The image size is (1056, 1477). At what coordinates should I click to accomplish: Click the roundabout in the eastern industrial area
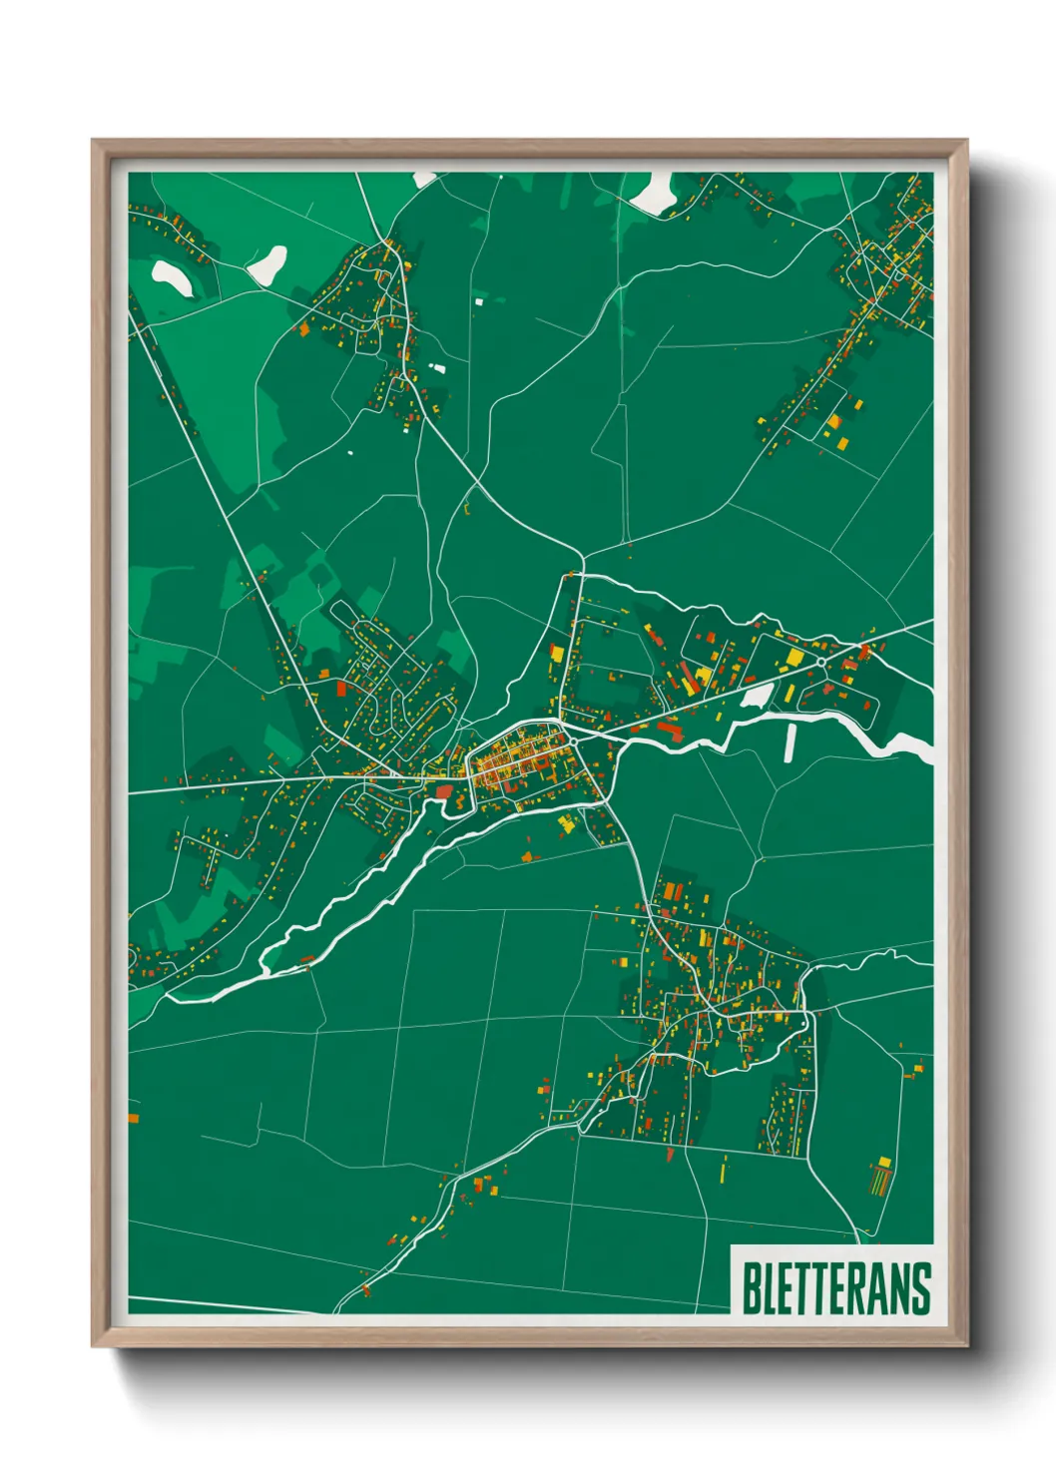pyautogui.click(x=821, y=661)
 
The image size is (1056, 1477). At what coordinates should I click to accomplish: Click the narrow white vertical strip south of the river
pyautogui.click(x=792, y=742)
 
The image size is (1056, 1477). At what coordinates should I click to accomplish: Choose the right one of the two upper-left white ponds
pyautogui.click(x=267, y=264)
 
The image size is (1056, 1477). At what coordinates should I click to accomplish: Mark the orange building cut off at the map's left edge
pyautogui.click(x=133, y=1118)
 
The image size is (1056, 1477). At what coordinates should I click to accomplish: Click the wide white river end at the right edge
pyautogui.click(x=913, y=746)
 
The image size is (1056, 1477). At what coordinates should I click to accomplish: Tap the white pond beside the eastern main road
pyautogui.click(x=757, y=696)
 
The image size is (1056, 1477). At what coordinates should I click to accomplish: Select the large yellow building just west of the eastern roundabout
pyautogui.click(x=795, y=658)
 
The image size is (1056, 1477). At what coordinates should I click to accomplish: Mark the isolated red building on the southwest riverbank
pyautogui.click(x=308, y=959)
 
